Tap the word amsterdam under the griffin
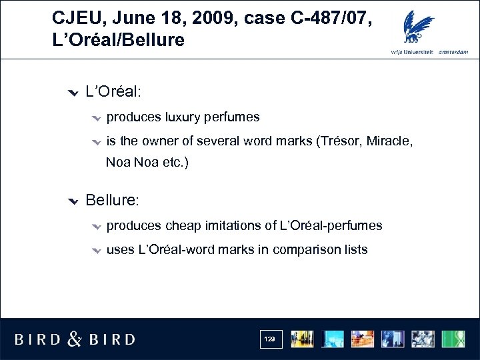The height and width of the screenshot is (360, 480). pos(453,53)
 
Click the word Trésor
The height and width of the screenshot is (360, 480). pos(340,141)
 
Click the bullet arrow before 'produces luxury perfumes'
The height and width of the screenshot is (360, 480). pos(96,118)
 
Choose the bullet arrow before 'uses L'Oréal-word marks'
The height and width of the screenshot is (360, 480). pos(96,250)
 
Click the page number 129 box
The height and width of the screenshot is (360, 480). pos(270,339)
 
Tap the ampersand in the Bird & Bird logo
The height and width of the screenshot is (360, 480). pos(75,339)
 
